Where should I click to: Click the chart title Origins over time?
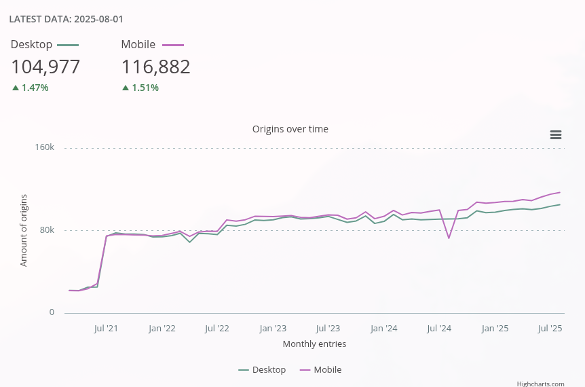coord(290,129)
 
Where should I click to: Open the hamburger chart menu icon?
coord(555,135)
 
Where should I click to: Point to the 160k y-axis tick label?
coord(45,147)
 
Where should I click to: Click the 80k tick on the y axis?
coord(47,230)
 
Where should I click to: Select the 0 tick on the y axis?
coord(51,312)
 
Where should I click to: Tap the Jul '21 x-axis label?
coord(106,329)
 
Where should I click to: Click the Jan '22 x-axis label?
coord(162,329)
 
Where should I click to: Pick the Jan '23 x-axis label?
coord(273,329)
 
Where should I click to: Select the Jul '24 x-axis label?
coord(439,329)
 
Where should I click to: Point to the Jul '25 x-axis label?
coord(550,329)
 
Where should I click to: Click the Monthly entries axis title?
coord(314,344)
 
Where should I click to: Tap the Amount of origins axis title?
coord(24,230)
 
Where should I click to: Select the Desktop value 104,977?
coord(45,67)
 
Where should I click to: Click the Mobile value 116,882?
coord(155,67)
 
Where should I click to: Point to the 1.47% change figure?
coord(35,88)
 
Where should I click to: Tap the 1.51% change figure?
coord(145,88)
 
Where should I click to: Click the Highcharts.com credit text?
coord(540,384)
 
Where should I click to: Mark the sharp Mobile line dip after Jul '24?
coord(449,238)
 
